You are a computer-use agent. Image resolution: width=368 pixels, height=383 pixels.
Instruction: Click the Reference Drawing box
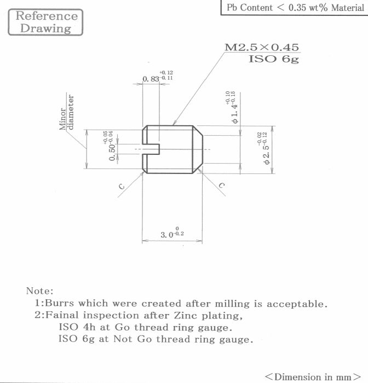point(45,22)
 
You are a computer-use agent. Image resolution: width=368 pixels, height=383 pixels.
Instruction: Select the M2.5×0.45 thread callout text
point(262,48)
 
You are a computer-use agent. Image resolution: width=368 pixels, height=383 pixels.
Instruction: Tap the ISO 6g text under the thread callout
point(274,59)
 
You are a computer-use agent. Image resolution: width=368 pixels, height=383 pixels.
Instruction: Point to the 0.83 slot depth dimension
point(158,77)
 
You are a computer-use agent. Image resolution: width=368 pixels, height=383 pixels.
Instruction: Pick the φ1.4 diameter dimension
point(231,107)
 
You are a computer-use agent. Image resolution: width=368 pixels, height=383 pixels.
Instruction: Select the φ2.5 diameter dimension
point(263,148)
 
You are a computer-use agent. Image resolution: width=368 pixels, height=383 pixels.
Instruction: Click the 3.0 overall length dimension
point(172,233)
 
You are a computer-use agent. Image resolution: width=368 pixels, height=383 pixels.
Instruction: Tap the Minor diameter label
point(66,112)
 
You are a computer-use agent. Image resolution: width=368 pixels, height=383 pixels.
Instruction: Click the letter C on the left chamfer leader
point(122,187)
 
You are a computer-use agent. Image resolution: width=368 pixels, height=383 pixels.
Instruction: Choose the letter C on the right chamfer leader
point(222,185)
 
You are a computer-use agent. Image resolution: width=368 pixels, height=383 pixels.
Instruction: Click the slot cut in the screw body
point(151,149)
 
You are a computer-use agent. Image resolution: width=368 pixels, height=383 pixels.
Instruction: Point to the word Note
point(39,291)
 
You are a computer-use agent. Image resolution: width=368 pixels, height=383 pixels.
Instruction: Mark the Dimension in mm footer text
point(313,376)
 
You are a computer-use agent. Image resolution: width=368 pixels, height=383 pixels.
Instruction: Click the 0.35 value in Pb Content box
point(297,8)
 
